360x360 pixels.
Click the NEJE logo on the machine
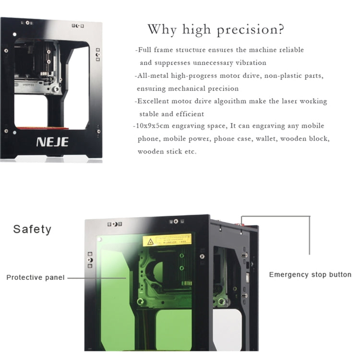pyautogui.click(x=52, y=142)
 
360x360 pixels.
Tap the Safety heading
pyautogui.click(x=32, y=229)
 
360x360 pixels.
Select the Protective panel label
pyautogui.click(x=36, y=277)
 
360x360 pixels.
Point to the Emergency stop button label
pyautogui.click(x=310, y=275)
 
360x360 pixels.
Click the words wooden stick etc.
pyautogui.click(x=167, y=152)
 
